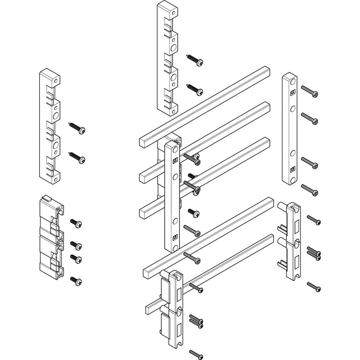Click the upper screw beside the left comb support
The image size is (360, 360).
[x=77, y=128]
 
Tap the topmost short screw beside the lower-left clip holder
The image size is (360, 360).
[x=76, y=223]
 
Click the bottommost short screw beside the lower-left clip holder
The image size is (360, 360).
[x=76, y=281]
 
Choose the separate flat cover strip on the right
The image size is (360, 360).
[x=289, y=129]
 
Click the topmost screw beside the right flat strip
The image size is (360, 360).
[x=310, y=91]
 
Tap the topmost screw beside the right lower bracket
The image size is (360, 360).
[x=314, y=220]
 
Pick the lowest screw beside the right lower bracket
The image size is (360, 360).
[x=314, y=287]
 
